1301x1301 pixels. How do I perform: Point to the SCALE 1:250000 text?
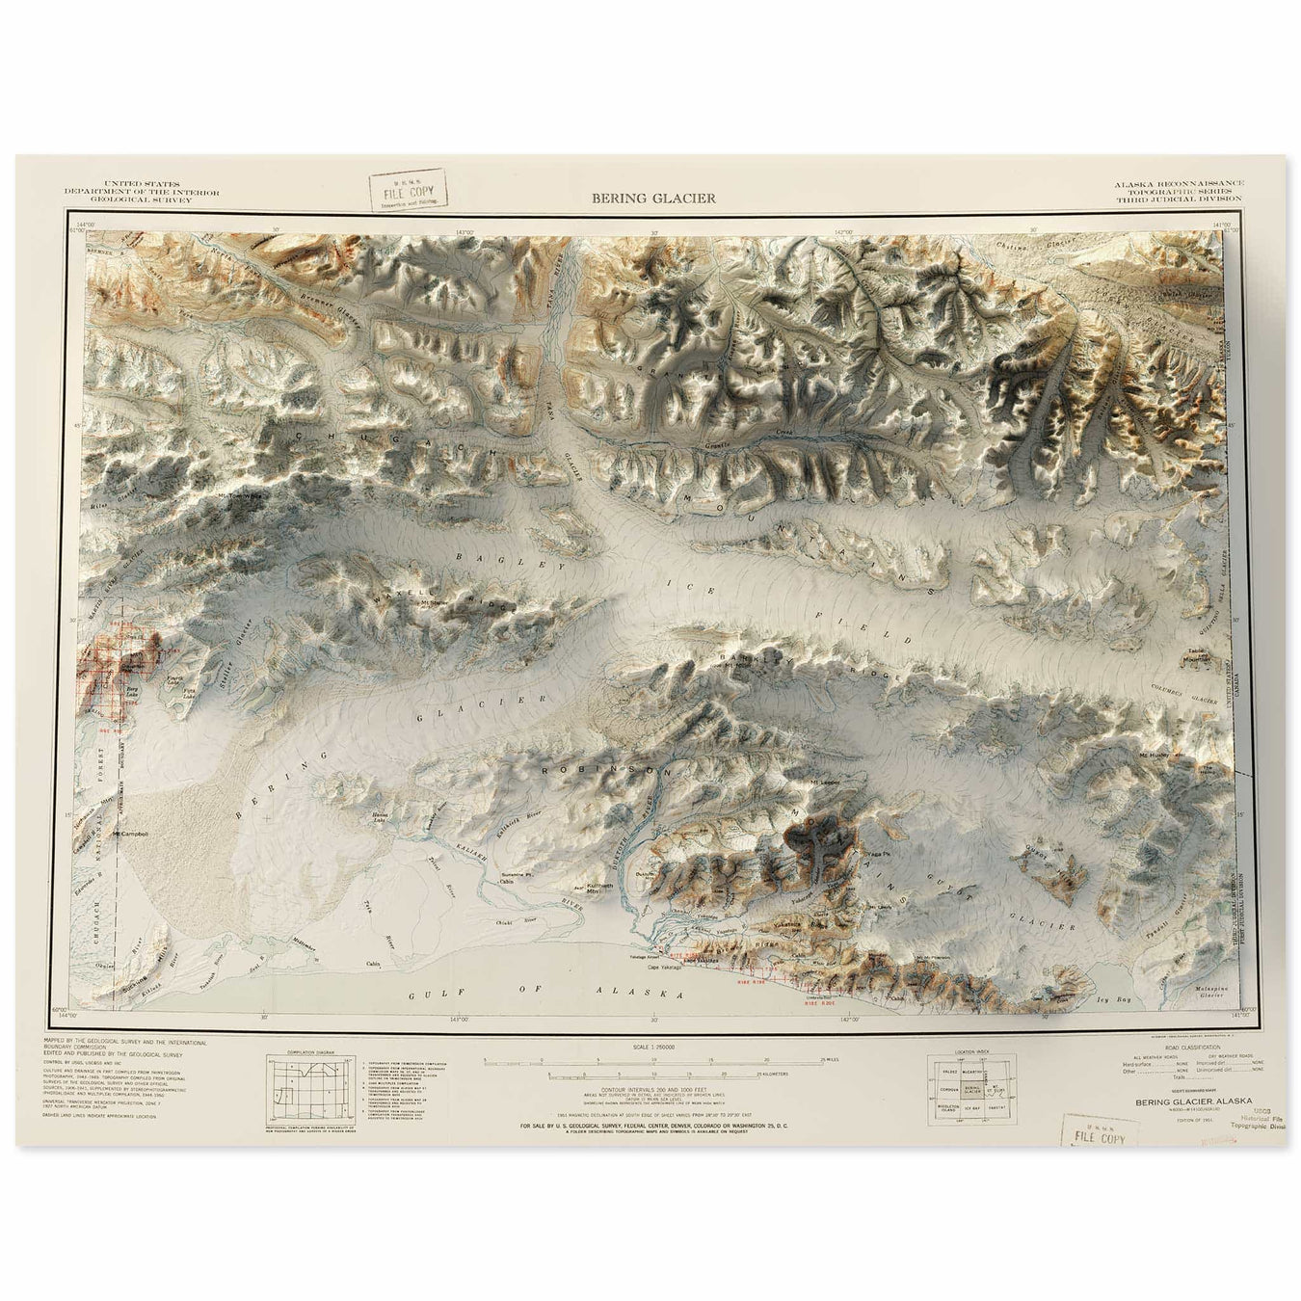pyautogui.click(x=652, y=1047)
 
